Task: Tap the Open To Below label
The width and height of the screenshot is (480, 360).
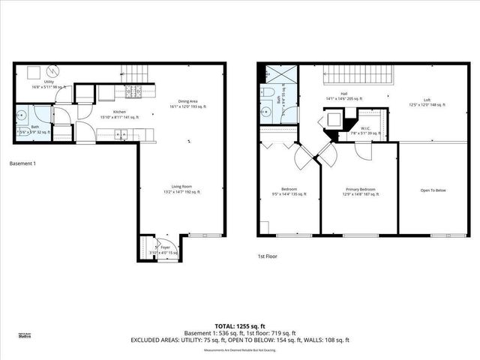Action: click(x=433, y=190)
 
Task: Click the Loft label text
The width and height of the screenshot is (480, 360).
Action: click(x=427, y=100)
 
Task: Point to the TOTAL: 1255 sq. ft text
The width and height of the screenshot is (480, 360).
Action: click(x=240, y=325)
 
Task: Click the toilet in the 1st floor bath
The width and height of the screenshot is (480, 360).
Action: click(x=268, y=97)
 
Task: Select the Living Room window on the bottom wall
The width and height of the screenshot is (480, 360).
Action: click(x=200, y=235)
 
